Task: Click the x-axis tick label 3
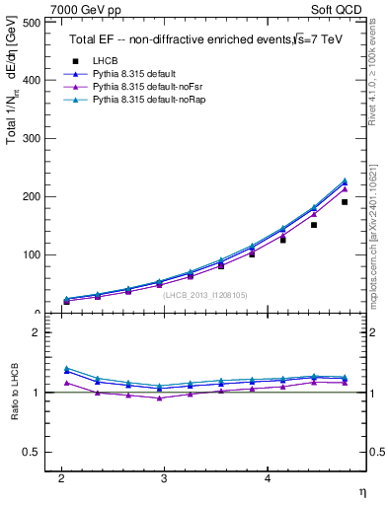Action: point(164,478)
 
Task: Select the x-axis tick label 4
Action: point(267,478)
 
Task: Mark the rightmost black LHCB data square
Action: point(345,202)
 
